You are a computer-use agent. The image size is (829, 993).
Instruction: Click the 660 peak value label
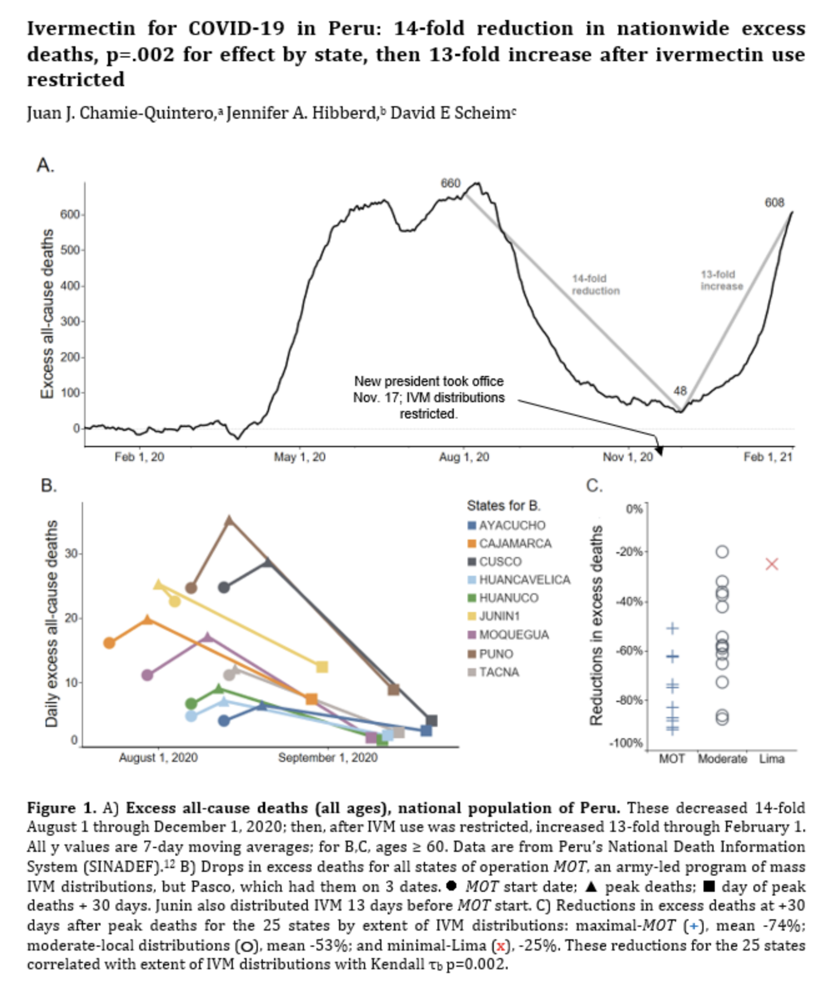[450, 183]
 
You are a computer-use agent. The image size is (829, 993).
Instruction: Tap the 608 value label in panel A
[774, 202]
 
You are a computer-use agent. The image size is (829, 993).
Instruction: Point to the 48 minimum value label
[680, 390]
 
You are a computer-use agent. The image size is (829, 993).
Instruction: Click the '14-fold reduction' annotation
[596, 284]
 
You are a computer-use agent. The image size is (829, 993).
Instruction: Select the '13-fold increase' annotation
[722, 280]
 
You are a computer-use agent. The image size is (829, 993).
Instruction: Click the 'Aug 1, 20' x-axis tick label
[464, 457]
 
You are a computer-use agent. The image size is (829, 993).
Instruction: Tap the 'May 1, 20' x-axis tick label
[300, 457]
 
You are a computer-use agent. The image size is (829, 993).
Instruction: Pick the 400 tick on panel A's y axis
[70, 286]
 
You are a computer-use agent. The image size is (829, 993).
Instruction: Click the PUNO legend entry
[496, 654]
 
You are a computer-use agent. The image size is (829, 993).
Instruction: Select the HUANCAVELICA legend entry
[524, 580]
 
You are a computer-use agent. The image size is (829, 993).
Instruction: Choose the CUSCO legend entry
[500, 561]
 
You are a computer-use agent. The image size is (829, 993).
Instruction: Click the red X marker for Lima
[772, 564]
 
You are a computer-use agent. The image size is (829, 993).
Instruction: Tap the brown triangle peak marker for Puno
[230, 520]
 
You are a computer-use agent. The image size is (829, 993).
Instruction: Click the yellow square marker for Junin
[322, 667]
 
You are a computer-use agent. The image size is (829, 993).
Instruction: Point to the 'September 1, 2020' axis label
[328, 758]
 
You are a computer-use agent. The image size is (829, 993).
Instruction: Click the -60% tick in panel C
[629, 651]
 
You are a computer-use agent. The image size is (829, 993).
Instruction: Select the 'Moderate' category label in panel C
[722, 759]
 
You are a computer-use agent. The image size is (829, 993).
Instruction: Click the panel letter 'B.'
[49, 485]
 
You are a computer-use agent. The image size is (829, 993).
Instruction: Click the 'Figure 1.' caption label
[61, 808]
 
